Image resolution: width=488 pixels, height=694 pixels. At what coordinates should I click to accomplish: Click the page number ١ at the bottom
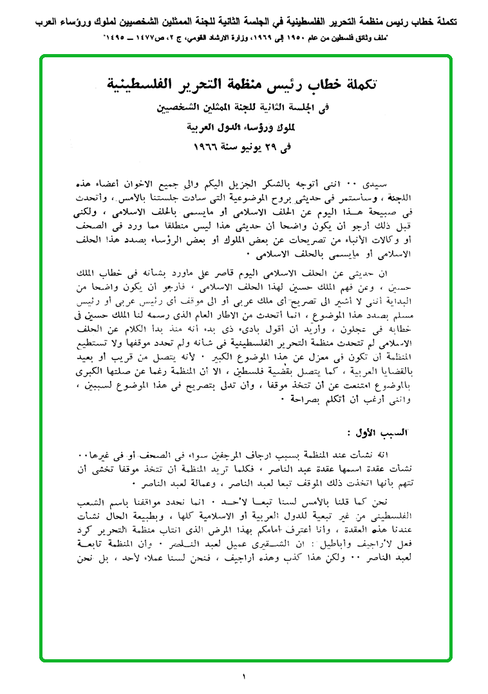245,676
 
